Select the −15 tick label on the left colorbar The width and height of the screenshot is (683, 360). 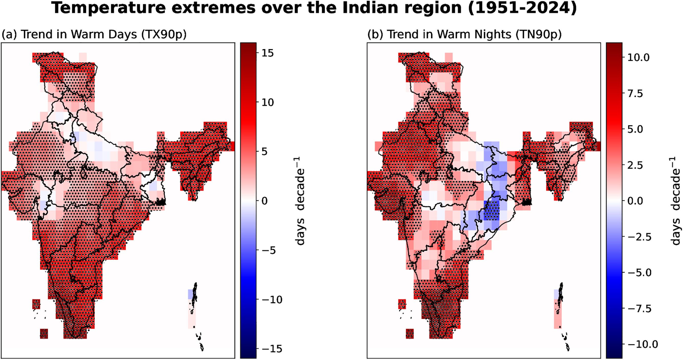click(272, 349)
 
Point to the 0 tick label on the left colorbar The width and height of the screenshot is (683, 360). click(265, 201)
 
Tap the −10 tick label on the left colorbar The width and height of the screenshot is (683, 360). click(272, 300)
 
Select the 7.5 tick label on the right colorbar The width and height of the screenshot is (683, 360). click(635, 93)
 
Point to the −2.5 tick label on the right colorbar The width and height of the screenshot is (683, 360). click(639, 237)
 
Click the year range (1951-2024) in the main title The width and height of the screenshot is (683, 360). click(522, 8)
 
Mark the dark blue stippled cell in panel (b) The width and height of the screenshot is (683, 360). click(491, 210)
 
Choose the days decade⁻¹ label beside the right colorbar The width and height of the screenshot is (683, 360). click(675, 201)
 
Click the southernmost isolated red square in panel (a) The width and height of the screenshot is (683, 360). click(44, 333)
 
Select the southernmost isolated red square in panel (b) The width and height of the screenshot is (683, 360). click(410, 333)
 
